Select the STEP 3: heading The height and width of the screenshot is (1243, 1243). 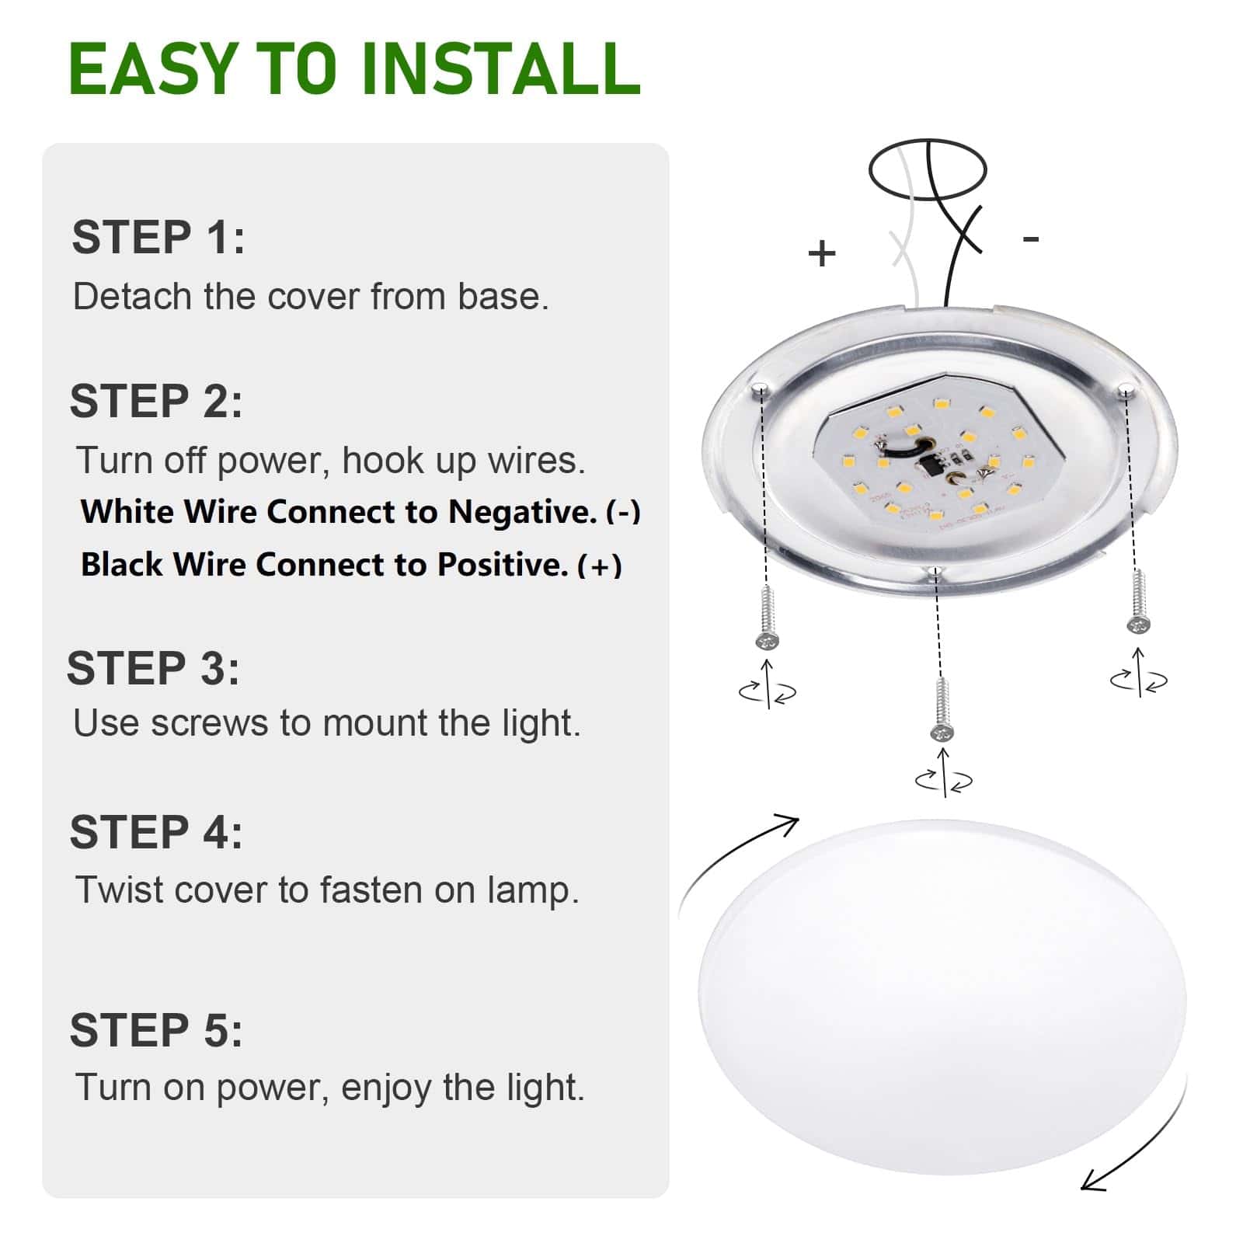tap(154, 668)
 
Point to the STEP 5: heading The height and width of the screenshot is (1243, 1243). tap(156, 1030)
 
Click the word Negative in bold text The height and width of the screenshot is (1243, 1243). tap(522, 512)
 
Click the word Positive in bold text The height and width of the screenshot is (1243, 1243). tap(503, 565)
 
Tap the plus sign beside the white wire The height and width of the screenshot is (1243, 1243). tap(822, 253)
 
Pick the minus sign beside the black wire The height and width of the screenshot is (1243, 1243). tap(1031, 239)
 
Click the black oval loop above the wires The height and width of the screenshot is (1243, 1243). tap(928, 169)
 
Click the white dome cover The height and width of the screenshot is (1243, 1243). tap(942, 998)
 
